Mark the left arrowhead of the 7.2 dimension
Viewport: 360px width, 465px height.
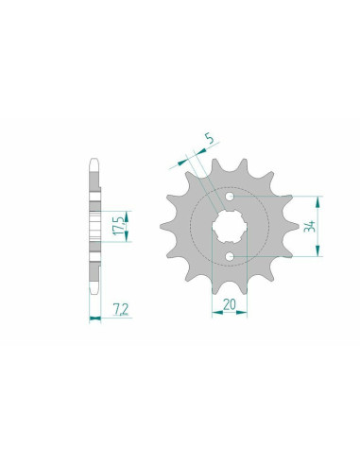click(93, 319)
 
